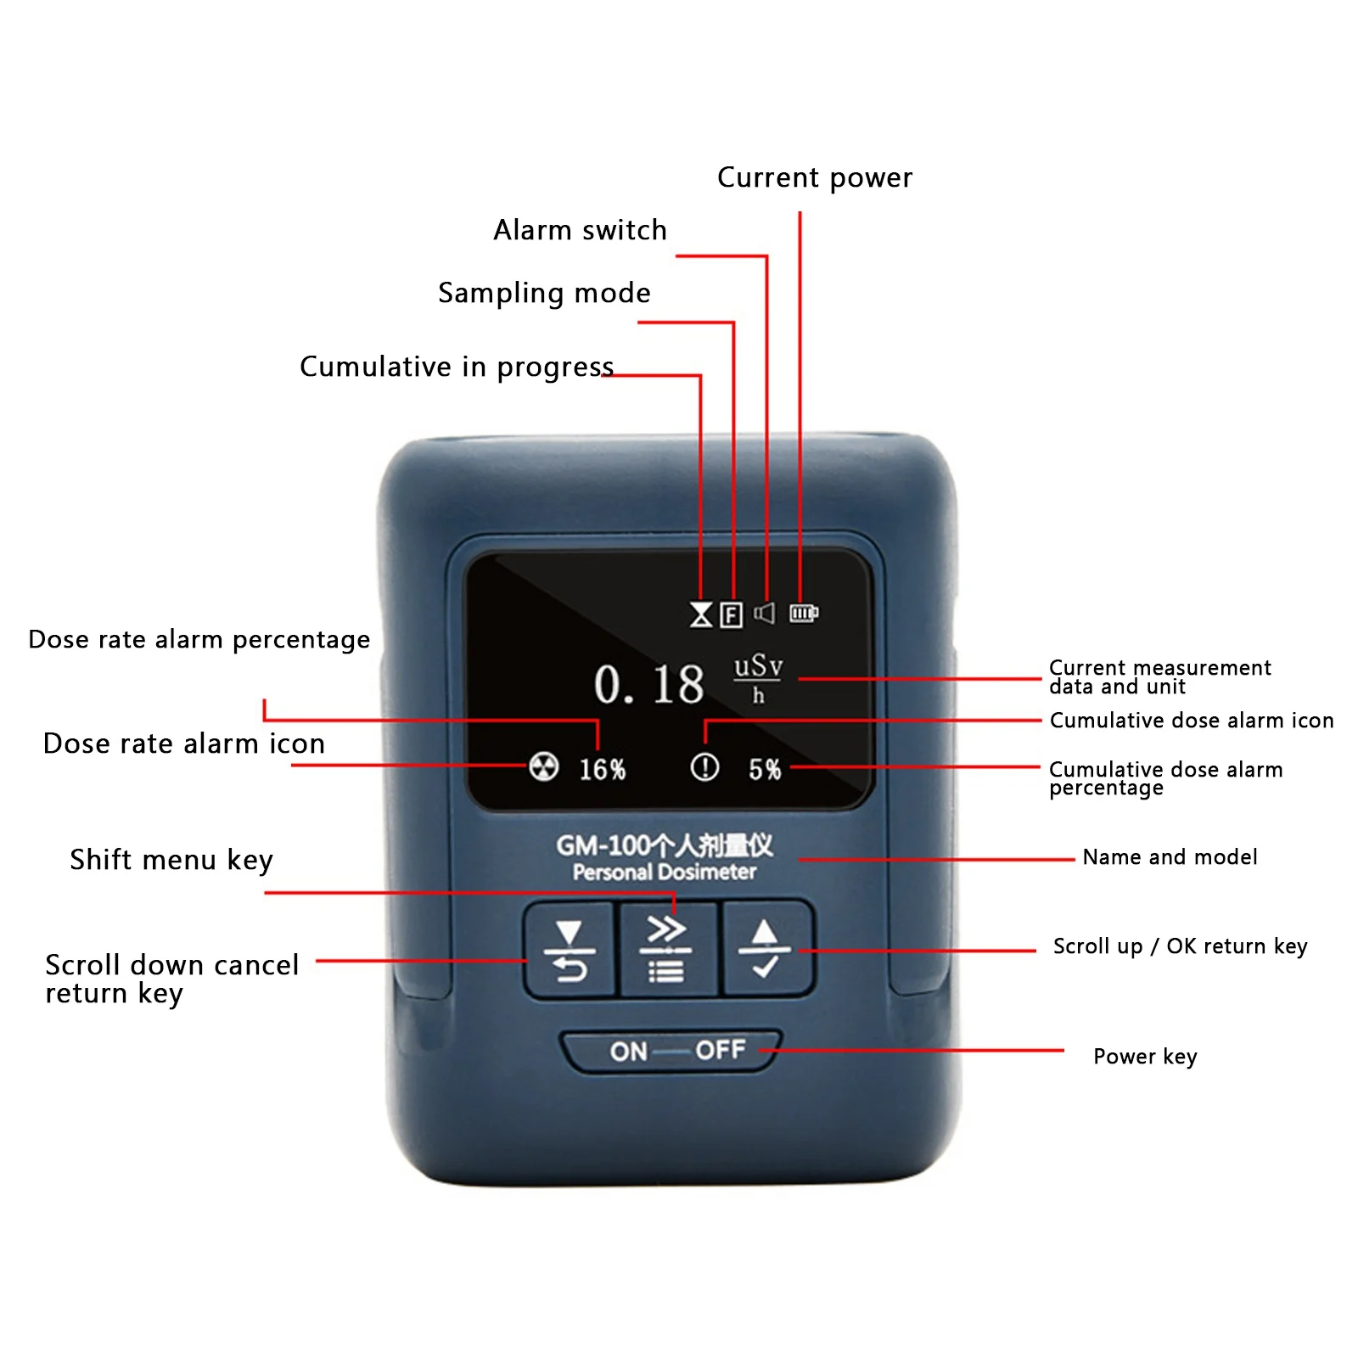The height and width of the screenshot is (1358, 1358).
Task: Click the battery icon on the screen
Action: point(804,612)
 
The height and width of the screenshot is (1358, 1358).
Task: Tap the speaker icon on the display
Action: point(764,613)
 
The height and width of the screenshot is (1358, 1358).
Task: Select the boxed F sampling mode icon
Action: point(731,614)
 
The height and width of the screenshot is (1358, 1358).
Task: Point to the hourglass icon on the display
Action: point(701,614)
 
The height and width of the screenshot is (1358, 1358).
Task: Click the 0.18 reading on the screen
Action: point(648,684)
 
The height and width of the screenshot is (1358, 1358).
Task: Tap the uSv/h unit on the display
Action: point(758,678)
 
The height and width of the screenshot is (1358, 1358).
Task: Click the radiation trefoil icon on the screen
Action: point(544,766)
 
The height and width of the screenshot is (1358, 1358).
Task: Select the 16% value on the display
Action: point(603,769)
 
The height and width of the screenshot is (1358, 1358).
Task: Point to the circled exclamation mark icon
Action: point(704,767)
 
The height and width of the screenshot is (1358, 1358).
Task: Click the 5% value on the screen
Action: point(765,769)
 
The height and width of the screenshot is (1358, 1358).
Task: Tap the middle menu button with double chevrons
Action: point(667,949)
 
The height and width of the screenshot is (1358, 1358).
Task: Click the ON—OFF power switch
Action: point(671,1051)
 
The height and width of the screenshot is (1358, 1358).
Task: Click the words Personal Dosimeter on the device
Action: point(665,873)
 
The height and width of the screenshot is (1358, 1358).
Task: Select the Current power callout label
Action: point(815,177)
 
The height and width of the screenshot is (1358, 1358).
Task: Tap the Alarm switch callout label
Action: point(581,230)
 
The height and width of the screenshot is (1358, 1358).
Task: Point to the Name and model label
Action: point(1170,857)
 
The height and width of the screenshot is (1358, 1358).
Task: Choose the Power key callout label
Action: point(1145,1057)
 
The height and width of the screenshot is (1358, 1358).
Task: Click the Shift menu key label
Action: point(171,861)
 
